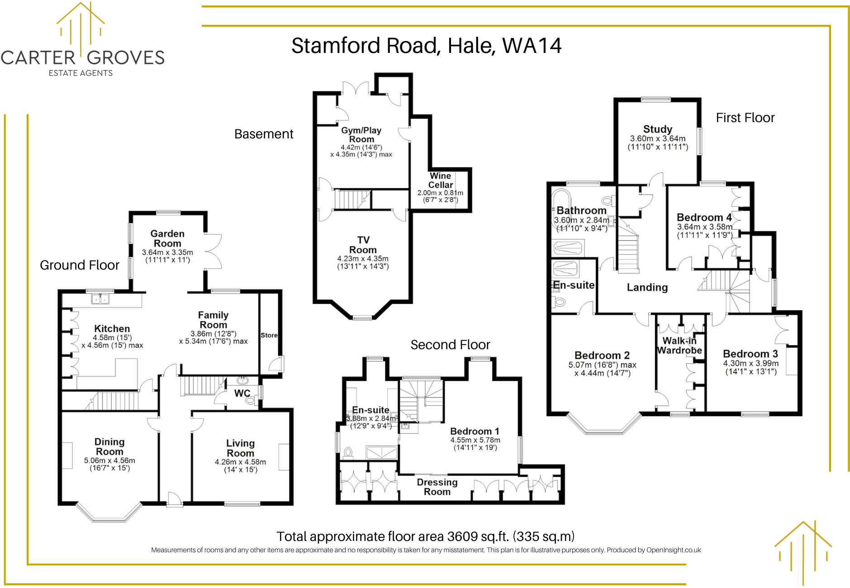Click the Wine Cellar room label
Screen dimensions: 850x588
[440, 180]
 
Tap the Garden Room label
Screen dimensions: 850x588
[167, 238]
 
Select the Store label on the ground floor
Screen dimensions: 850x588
[269, 335]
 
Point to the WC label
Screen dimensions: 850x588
[242, 393]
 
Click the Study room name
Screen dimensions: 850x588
[657, 129]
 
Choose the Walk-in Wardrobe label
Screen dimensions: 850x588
[679, 346]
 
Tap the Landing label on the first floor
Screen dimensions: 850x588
[647, 287]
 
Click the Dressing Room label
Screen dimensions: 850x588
[437, 487]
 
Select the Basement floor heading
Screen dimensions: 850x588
[264, 134]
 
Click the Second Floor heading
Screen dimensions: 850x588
[450, 345]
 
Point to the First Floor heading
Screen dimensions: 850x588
[745, 118]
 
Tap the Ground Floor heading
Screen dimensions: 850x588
[80, 265]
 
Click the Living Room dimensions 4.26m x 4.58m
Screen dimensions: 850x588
[240, 462]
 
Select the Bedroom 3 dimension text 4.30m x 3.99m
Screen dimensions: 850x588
[750, 363]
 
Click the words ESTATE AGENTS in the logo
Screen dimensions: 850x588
[81, 73]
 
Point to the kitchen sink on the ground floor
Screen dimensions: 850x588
[100, 299]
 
